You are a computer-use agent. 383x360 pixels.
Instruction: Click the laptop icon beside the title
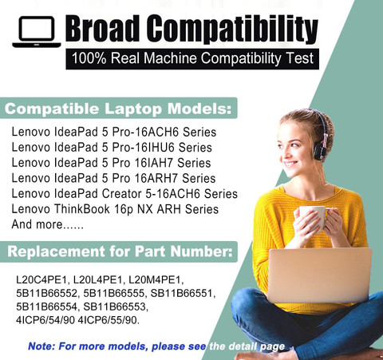(37, 32)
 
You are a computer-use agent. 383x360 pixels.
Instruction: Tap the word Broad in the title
(102, 29)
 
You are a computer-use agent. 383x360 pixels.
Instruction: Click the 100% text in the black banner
(89, 58)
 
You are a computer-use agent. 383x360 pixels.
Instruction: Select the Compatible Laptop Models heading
(118, 109)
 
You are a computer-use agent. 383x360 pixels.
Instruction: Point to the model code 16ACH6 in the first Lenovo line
(156, 132)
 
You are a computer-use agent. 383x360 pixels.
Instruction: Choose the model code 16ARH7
(156, 178)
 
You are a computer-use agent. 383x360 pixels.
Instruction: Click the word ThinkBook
(82, 209)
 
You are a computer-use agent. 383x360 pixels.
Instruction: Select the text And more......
(37, 224)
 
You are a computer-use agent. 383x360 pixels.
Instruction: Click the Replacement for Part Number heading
(120, 251)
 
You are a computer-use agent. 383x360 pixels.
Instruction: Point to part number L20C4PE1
(42, 280)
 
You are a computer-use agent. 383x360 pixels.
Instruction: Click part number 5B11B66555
(114, 293)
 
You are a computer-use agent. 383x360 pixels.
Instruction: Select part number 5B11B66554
(46, 307)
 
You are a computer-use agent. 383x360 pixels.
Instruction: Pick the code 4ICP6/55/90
(109, 320)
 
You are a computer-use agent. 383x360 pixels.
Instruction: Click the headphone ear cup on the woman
(320, 151)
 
